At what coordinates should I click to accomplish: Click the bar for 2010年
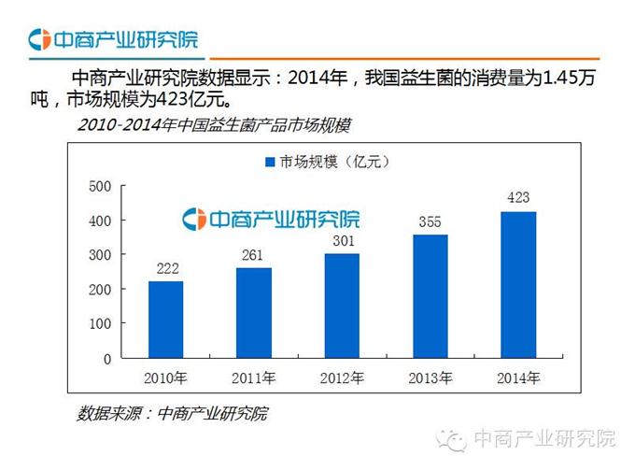click(x=165, y=320)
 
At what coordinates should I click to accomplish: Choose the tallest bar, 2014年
click(x=518, y=285)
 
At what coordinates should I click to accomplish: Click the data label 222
click(x=165, y=269)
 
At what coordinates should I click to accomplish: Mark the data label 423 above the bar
click(x=518, y=199)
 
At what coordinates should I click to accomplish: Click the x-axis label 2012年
click(x=342, y=378)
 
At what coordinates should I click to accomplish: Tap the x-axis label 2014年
click(x=518, y=378)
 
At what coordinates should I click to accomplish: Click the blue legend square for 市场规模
click(x=271, y=163)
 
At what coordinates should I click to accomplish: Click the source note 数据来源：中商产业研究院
click(x=172, y=412)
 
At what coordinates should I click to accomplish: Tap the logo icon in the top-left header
click(x=39, y=40)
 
